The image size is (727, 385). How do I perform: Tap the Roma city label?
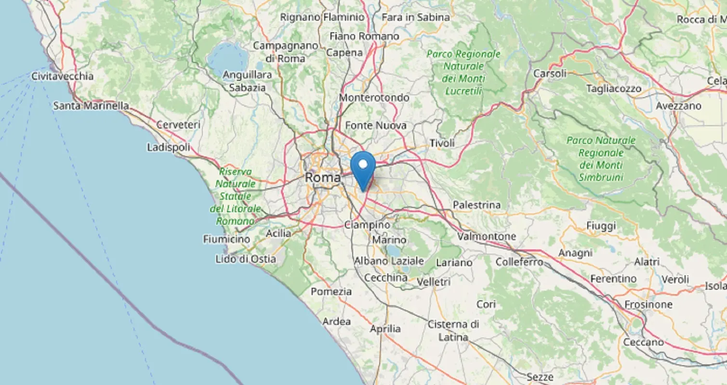(x=322, y=178)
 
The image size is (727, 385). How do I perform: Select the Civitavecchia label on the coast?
(x=62, y=76)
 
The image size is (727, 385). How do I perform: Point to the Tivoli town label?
(x=442, y=143)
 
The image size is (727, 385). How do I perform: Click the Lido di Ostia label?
(x=246, y=259)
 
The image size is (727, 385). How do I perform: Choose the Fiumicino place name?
(x=226, y=239)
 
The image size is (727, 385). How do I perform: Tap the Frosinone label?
(x=648, y=305)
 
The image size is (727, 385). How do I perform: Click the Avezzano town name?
(x=679, y=106)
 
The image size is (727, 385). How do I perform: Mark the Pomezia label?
(x=331, y=292)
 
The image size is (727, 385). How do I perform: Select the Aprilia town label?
(x=385, y=329)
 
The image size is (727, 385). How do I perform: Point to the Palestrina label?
(x=476, y=205)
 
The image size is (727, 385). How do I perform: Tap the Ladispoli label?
(x=169, y=147)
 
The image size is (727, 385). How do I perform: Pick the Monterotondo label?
(x=374, y=98)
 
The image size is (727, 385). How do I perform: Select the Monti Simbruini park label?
(x=601, y=159)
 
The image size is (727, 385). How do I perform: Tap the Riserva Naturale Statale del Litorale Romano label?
(x=235, y=196)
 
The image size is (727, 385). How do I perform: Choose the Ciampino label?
(x=367, y=225)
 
